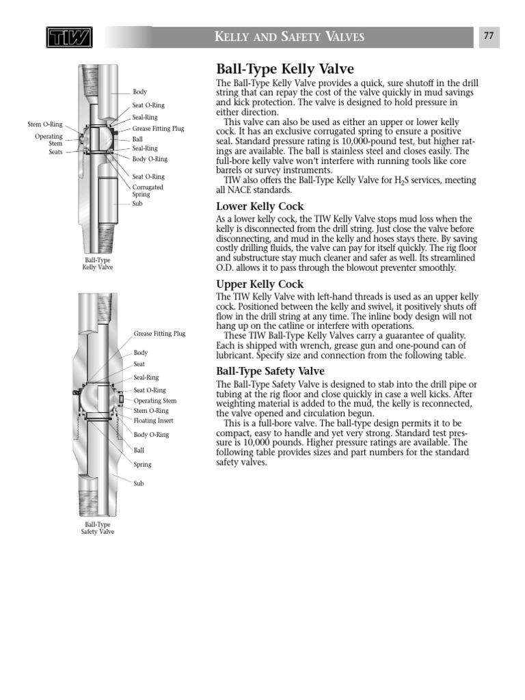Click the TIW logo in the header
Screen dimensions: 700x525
point(69,38)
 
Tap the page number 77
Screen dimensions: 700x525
point(489,37)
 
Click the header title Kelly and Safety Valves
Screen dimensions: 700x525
point(290,38)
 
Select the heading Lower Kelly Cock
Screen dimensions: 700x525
point(260,206)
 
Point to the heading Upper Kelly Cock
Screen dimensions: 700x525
point(260,284)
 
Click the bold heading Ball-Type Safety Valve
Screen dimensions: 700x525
point(270,371)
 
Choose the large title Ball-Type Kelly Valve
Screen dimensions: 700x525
point(285,69)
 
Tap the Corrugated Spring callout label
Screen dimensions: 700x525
point(148,190)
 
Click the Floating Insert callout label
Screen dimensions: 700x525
point(153,420)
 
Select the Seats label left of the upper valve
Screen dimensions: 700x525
point(55,152)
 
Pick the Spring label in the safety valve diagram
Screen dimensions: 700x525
point(142,464)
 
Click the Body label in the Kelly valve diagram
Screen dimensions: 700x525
point(139,92)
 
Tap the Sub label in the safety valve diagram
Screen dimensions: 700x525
point(139,483)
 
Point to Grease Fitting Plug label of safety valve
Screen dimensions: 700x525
point(159,334)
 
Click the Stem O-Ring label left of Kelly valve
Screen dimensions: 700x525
point(45,124)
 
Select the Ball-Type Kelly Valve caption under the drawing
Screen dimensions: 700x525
point(98,264)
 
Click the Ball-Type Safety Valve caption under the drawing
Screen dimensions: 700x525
point(98,528)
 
